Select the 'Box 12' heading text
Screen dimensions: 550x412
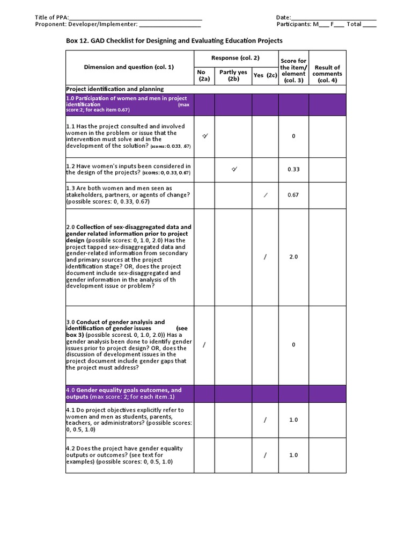pyautogui.click(x=174, y=41)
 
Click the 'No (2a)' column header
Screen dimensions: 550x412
pyautogui.click(x=204, y=76)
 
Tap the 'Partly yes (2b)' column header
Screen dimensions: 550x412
pyautogui.click(x=233, y=76)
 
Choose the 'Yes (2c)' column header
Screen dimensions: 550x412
pyautogui.click(x=265, y=76)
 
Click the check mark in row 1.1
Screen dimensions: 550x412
pyautogui.click(x=204, y=136)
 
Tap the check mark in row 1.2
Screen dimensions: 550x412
pyautogui.click(x=234, y=169)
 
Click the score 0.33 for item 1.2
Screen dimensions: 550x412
pyautogui.click(x=293, y=169)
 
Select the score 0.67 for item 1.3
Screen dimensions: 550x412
pyautogui.click(x=293, y=195)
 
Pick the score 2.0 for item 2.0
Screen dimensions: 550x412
pyautogui.click(x=293, y=257)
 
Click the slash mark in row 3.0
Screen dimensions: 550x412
pyautogui.click(x=204, y=345)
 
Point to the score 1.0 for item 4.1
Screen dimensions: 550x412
pyautogui.click(x=293, y=420)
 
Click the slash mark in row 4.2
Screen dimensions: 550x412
pyautogui.click(x=265, y=455)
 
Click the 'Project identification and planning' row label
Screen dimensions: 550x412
pyautogui.click(x=115, y=89)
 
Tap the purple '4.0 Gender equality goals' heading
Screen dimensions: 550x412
pyautogui.click(x=124, y=393)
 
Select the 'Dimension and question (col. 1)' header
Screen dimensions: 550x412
pyautogui.click(x=129, y=67)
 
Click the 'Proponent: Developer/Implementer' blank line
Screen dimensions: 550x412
pyautogui.click(x=170, y=25)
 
